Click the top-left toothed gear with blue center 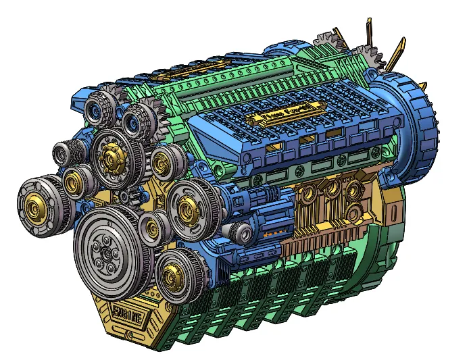[99, 109]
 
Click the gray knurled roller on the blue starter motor [242, 233]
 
